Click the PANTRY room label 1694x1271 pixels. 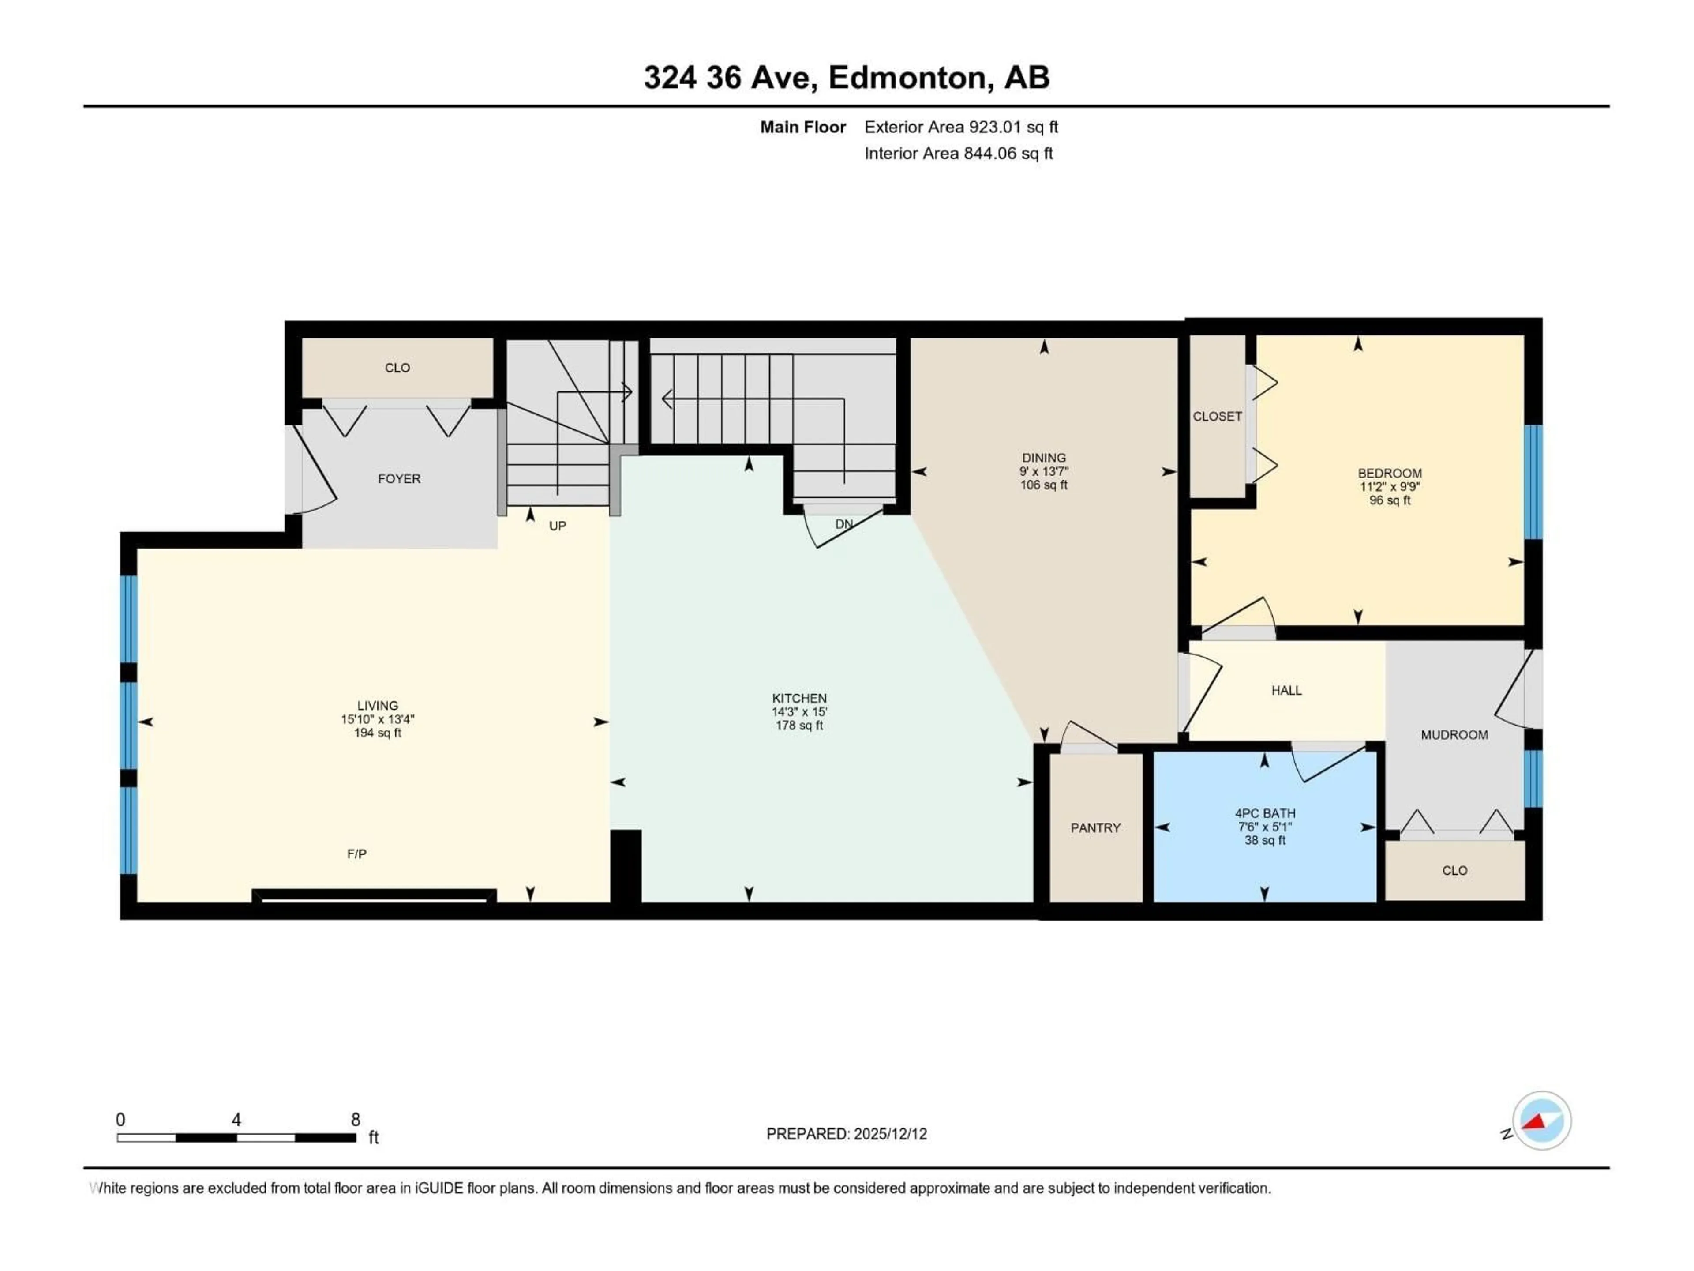[x=1095, y=827]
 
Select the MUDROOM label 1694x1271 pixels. [x=1454, y=735]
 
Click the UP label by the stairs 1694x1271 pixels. [x=558, y=526]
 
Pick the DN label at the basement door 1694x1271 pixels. [x=844, y=524]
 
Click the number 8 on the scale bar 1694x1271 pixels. [x=355, y=1119]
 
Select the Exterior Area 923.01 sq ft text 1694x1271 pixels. [x=961, y=127]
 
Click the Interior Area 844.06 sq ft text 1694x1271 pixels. [x=958, y=153]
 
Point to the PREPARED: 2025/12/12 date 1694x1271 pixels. [x=846, y=1134]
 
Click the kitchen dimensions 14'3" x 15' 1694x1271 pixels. [x=799, y=712]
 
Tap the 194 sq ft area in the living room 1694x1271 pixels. [x=378, y=733]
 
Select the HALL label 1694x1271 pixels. [x=1286, y=690]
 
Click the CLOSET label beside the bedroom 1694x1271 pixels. [x=1217, y=416]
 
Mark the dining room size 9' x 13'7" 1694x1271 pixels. [x=1043, y=471]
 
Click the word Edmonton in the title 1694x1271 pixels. [x=907, y=77]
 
